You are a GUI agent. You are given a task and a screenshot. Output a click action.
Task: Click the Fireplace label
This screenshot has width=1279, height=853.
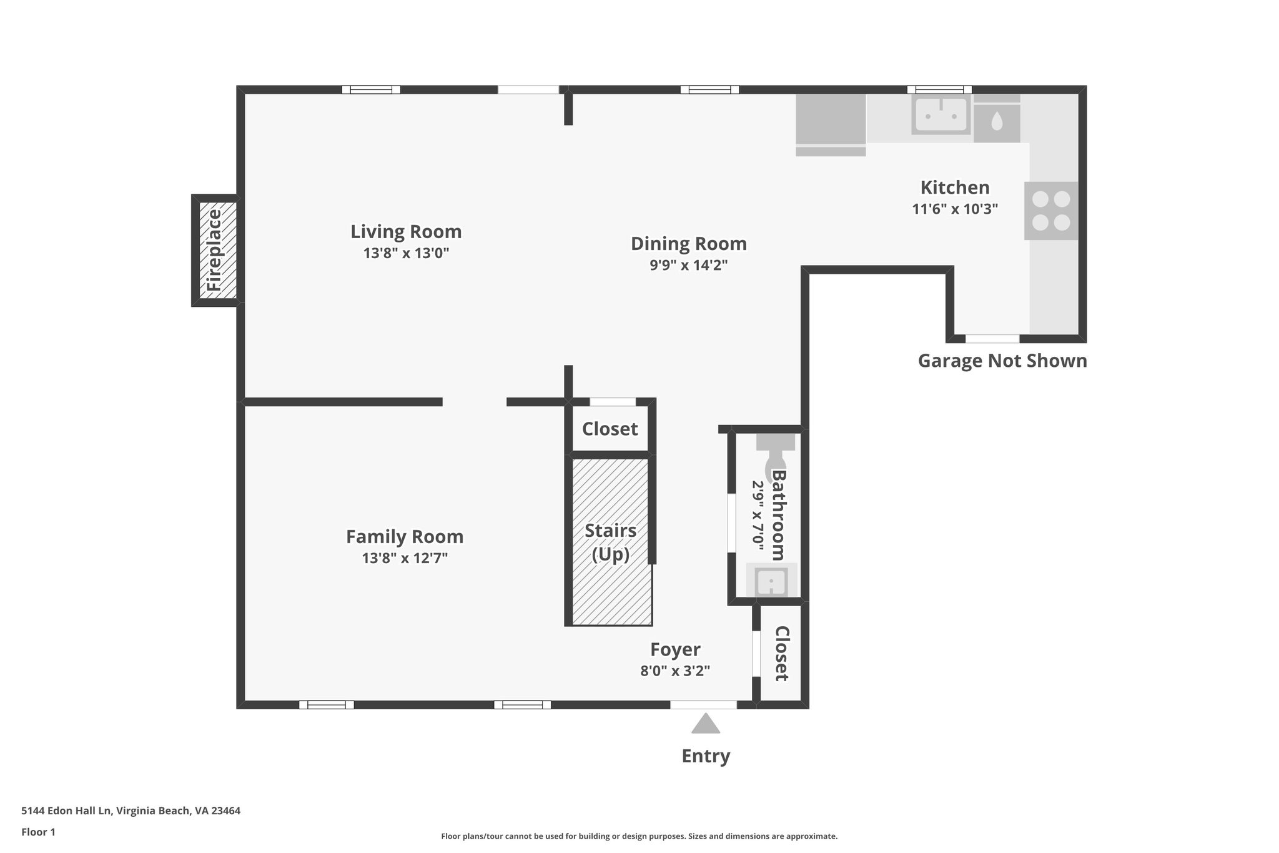tap(214, 250)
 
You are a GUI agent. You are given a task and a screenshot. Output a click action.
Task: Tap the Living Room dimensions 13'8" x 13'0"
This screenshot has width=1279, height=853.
tap(406, 253)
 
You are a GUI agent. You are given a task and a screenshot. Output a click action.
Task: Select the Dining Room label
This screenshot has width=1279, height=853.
tap(688, 243)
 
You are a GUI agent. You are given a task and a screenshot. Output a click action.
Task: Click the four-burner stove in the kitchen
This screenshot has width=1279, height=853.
tap(1050, 211)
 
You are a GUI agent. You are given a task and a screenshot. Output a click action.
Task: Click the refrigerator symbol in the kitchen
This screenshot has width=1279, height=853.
tap(830, 125)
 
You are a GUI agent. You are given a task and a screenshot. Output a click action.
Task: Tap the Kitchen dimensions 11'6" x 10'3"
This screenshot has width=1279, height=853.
tap(955, 209)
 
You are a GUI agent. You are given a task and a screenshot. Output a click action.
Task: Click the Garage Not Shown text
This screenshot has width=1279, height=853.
tap(1002, 361)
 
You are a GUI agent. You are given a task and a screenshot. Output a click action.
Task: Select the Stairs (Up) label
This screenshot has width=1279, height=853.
tap(610, 542)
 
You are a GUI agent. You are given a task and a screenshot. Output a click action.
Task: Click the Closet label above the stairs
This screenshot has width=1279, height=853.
tap(610, 429)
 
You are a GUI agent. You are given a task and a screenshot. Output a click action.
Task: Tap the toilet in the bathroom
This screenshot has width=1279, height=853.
tap(775, 456)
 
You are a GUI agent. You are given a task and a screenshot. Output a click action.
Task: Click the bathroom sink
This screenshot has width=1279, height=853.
tap(772, 582)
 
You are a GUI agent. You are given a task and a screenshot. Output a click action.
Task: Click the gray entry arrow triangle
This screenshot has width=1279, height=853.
tap(706, 724)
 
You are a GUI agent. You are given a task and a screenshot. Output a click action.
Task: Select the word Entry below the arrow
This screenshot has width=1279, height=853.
tap(706, 756)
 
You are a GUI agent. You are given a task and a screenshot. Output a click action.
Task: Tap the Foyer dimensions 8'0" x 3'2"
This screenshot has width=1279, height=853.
tap(675, 671)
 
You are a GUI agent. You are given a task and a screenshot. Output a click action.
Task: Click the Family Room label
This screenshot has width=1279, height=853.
tap(405, 536)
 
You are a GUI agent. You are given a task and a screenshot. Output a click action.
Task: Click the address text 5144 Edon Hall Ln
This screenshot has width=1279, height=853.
tap(131, 811)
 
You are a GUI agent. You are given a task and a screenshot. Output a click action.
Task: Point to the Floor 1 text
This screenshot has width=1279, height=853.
tap(38, 832)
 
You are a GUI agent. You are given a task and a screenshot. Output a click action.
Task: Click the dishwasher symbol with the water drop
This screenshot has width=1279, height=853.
tap(996, 121)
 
